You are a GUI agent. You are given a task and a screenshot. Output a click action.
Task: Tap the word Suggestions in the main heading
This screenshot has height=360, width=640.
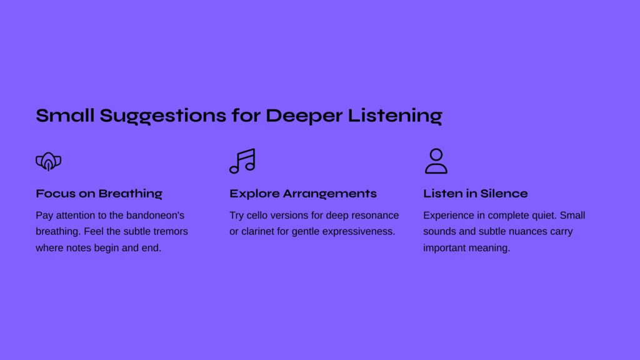pos(163,116)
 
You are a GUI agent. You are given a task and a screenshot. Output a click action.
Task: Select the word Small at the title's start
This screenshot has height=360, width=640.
pos(65,115)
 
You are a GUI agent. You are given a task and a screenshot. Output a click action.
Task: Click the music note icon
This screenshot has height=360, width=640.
pos(242,161)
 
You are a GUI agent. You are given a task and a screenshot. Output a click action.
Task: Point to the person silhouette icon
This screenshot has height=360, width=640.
pos(436,161)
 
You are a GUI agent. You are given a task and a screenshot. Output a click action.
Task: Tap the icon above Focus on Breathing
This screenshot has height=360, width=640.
pos(49,161)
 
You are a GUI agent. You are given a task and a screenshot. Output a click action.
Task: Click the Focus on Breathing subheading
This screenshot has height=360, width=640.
pos(99,194)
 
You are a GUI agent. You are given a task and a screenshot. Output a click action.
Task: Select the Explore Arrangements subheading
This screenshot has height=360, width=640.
pos(303,194)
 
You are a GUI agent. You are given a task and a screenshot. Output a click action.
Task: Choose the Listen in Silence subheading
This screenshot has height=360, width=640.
pos(475,194)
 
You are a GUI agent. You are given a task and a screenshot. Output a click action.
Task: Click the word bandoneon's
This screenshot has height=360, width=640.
pos(155,215)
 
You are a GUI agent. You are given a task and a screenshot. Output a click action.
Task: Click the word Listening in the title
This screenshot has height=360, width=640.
pos(395,116)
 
